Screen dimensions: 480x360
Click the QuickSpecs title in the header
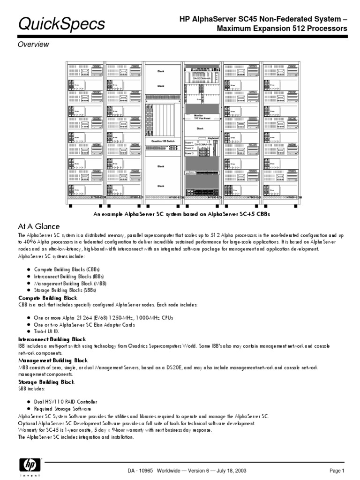click(61, 24)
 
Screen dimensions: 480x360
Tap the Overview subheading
click(33, 45)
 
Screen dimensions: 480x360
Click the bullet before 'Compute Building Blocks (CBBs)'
click(29, 270)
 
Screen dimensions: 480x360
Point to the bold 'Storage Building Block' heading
click(46, 382)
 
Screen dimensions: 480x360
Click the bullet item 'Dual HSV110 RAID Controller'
click(65, 402)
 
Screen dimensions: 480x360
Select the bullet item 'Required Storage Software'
click(63, 409)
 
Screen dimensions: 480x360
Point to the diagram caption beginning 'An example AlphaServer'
click(182, 214)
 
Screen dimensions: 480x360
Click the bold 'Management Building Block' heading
click(52, 360)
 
